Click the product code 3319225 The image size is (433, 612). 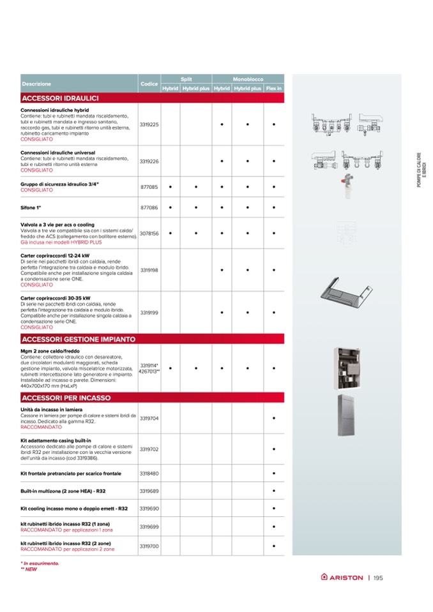click(149, 124)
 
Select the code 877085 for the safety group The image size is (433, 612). click(149, 187)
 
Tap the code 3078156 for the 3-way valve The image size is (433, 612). click(149, 234)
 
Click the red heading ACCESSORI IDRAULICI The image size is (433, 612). click(59, 98)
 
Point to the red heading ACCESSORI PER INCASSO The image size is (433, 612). click(66, 398)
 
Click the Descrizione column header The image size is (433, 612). click(36, 84)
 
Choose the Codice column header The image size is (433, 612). click(149, 84)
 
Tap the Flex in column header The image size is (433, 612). click(274, 89)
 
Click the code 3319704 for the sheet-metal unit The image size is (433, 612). click(149, 418)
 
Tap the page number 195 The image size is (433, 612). click(379, 579)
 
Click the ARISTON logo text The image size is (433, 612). click(347, 579)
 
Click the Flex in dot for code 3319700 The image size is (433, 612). click(273, 547)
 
